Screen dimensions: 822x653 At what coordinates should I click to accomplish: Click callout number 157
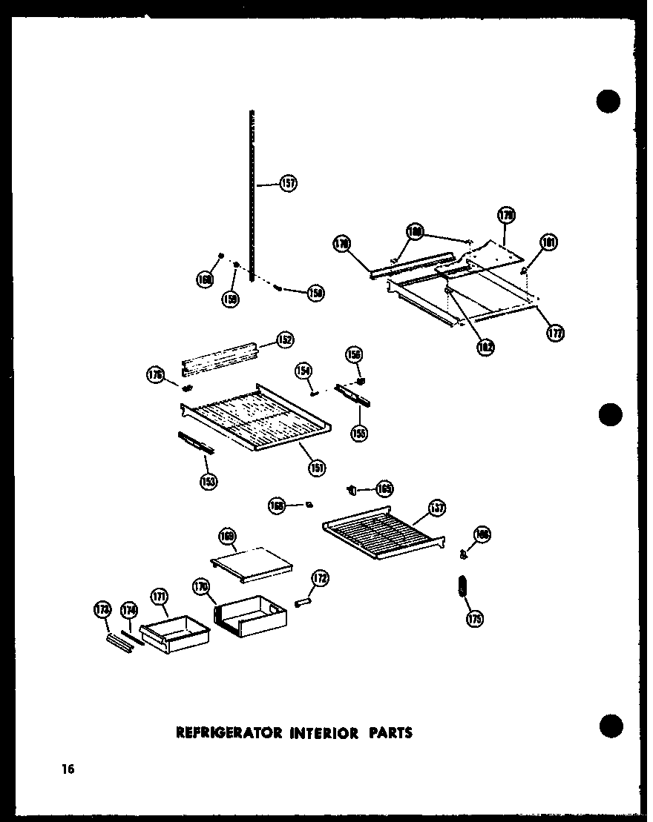click(x=288, y=183)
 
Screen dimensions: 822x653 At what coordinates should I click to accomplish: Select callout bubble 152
click(x=284, y=339)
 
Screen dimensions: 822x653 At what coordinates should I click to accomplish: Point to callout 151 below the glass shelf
click(x=317, y=468)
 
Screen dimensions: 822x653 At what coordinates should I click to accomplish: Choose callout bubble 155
click(x=360, y=433)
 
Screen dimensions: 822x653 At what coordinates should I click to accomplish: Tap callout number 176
click(x=154, y=376)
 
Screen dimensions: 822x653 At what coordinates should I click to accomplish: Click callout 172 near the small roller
click(x=321, y=578)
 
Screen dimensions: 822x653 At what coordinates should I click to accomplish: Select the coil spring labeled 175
click(x=462, y=587)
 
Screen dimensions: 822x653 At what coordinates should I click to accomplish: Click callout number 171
click(x=159, y=596)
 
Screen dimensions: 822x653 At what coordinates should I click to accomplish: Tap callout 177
click(x=554, y=333)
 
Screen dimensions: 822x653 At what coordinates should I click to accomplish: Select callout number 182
click(x=485, y=346)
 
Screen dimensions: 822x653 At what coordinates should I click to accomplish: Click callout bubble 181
click(x=549, y=242)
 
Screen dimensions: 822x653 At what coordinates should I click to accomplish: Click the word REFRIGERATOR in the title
click(x=229, y=733)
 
